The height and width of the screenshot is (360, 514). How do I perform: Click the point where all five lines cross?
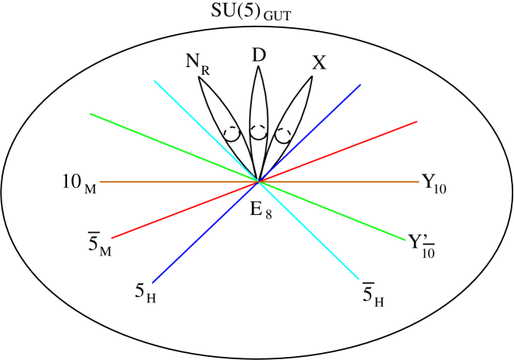258,182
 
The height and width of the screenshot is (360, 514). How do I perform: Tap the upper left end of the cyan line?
154,80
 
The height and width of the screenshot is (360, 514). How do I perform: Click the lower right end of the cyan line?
358,278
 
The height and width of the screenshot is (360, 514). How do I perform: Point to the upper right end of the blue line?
360,85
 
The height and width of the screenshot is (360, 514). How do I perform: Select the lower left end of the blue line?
153,282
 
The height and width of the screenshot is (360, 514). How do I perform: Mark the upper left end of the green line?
90,114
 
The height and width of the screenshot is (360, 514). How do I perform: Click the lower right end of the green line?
405,240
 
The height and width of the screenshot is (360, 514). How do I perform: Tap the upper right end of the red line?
417,122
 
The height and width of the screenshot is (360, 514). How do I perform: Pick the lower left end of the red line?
112,238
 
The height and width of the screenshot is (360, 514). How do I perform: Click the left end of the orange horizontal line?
100,182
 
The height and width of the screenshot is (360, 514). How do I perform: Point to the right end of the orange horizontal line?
419,182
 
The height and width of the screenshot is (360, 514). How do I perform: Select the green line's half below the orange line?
331,210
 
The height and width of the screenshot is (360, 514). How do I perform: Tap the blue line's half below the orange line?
205,232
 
